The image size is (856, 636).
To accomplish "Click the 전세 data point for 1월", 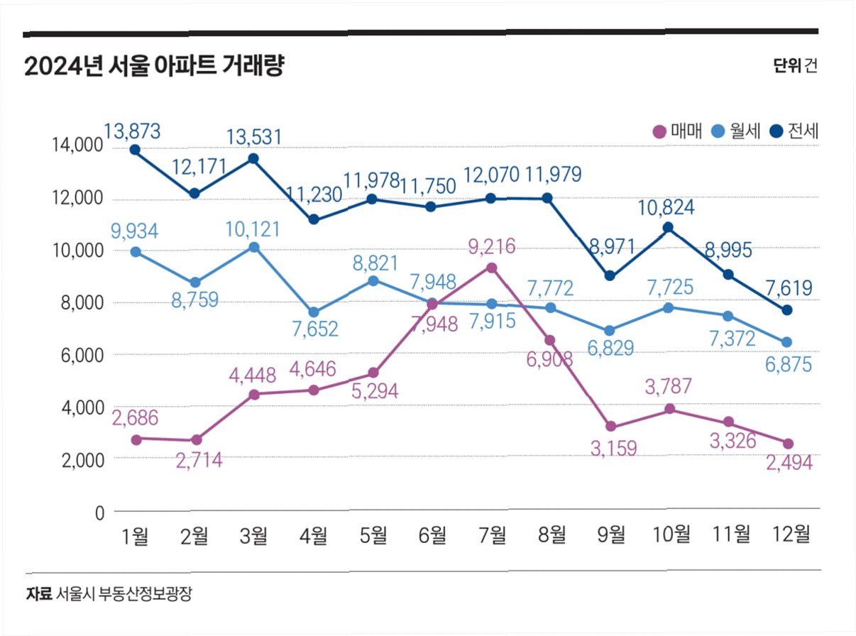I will pyautogui.click(x=134, y=150).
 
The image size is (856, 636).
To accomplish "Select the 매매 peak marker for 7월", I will pyautogui.click(x=491, y=268).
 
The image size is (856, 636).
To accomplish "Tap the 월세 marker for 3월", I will pyautogui.click(x=253, y=247).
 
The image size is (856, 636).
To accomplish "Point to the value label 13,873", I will pyautogui.click(x=132, y=131).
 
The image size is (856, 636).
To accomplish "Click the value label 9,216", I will pyautogui.click(x=491, y=248).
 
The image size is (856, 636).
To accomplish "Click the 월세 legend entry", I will pyautogui.click(x=737, y=131).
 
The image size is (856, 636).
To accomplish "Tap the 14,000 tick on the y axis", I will pyautogui.click(x=78, y=146).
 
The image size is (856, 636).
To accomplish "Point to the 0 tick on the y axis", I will pyautogui.click(x=99, y=512).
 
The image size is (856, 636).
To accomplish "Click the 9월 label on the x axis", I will pyautogui.click(x=612, y=535).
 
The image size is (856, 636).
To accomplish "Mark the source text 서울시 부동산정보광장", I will pyautogui.click(x=124, y=593).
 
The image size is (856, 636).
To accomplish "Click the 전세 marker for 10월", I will pyautogui.click(x=668, y=228).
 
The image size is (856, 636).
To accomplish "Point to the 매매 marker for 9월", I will pyautogui.click(x=610, y=427).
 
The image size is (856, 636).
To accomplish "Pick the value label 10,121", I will pyautogui.click(x=252, y=229).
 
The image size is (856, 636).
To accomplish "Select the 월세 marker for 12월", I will pyautogui.click(x=786, y=342).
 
